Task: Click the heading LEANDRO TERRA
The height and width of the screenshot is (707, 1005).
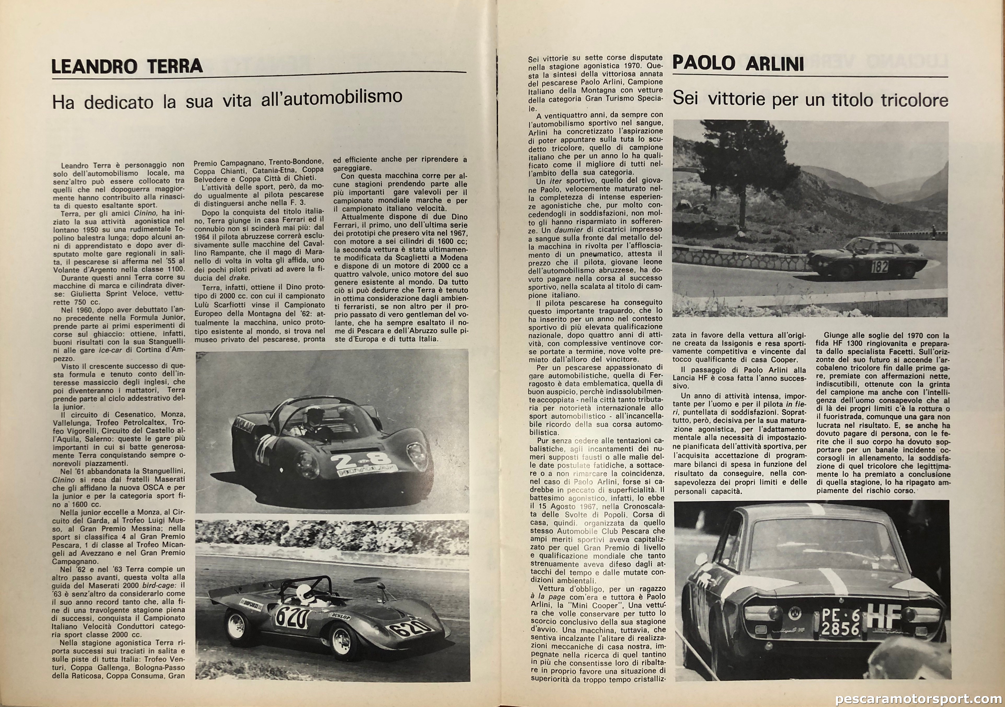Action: tap(127, 66)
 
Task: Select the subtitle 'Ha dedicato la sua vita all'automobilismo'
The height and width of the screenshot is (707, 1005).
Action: tap(227, 99)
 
